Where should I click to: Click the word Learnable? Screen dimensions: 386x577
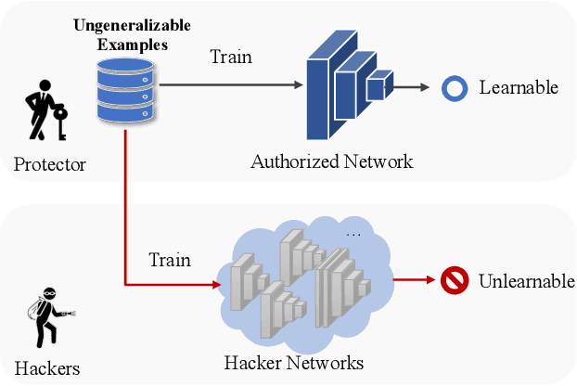[x=519, y=88]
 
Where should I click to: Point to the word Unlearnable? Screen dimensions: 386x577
[x=526, y=280]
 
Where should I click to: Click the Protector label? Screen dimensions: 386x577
[x=50, y=165]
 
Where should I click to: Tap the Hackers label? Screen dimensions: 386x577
[x=47, y=368]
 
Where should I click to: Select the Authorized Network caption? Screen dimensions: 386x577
[x=331, y=161]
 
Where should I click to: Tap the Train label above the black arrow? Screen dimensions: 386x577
[x=230, y=58]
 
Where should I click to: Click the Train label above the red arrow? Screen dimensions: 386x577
[x=170, y=259]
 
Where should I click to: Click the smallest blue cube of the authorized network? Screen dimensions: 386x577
[x=375, y=88]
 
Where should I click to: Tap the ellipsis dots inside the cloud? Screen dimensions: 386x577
[x=353, y=234]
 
